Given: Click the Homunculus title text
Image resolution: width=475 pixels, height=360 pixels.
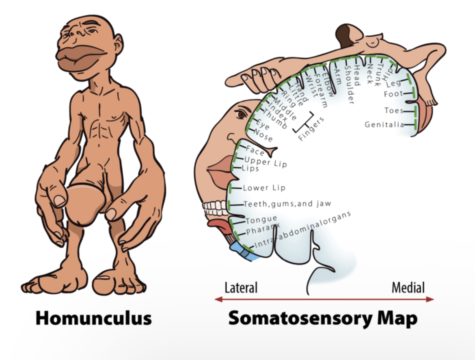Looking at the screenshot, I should [x=93, y=318].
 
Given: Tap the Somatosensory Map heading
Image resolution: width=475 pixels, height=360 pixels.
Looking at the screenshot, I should [x=323, y=318].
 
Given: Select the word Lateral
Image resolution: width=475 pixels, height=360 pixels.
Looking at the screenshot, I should [x=241, y=288].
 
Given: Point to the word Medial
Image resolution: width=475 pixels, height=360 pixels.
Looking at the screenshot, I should [x=408, y=288].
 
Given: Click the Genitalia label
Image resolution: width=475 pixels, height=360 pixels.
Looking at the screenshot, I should [x=384, y=125].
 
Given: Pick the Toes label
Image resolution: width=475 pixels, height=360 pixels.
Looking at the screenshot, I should [x=394, y=110].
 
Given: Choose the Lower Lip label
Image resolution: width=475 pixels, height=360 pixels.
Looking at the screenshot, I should [x=264, y=188].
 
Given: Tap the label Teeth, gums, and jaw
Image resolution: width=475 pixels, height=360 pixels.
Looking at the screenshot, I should [x=287, y=203].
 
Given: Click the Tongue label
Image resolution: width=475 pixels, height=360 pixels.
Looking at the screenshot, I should [x=261, y=220].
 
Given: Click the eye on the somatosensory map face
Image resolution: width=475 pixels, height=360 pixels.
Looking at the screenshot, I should [x=242, y=115].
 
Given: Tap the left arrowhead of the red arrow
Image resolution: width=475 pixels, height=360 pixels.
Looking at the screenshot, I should [x=218, y=300].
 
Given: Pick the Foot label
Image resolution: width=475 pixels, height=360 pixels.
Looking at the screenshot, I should [x=393, y=95].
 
